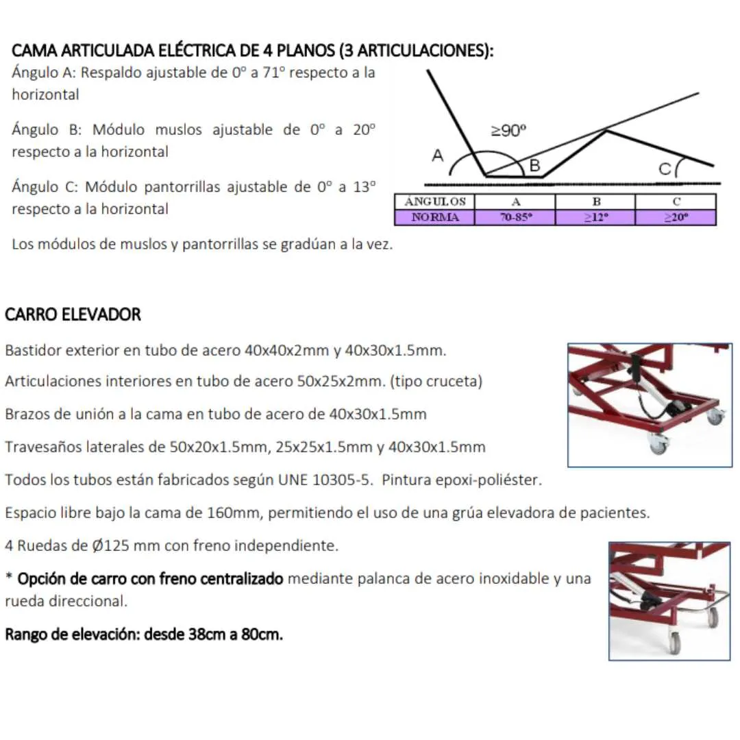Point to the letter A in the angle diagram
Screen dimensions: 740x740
(x=437, y=156)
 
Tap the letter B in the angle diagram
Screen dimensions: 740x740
(x=535, y=165)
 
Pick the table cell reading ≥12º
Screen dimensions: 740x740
(x=595, y=218)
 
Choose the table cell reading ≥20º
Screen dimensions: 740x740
(x=676, y=218)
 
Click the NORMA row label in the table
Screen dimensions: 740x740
(x=434, y=218)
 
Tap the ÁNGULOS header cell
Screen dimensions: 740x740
(x=434, y=201)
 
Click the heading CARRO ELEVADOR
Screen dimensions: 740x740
(x=73, y=314)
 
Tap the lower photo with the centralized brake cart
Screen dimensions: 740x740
(x=669, y=601)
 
